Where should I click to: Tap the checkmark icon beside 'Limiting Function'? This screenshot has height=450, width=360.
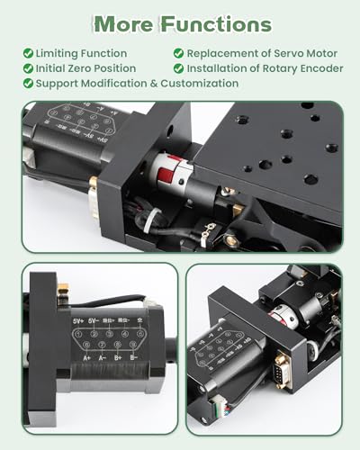click(28, 54)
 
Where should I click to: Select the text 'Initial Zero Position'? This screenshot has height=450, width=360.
click(85, 68)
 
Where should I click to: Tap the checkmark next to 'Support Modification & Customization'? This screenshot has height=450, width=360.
click(28, 83)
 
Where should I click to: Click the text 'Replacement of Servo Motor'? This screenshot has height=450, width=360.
click(261, 54)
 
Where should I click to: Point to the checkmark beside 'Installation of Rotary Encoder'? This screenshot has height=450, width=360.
click(179, 68)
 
